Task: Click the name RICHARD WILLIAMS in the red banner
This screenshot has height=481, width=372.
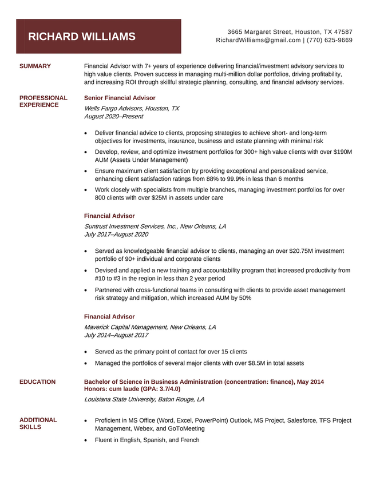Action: click(x=82, y=37)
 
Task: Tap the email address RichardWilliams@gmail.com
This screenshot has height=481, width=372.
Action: click(x=258, y=40)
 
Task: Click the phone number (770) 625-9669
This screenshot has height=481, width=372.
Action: click(x=330, y=40)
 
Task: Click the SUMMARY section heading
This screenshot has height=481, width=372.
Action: click(x=35, y=66)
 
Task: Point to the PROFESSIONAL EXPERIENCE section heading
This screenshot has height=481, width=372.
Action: click(x=43, y=101)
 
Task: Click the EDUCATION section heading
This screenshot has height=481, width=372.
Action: click(x=37, y=382)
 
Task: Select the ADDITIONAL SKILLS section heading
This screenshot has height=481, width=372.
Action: click(x=38, y=423)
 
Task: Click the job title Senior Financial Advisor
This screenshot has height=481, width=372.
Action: click(x=119, y=98)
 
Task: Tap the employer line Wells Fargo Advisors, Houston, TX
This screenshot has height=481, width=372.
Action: click(x=131, y=108)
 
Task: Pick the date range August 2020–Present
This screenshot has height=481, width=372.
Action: click(x=114, y=116)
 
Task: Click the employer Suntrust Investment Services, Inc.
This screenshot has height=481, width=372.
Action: click(x=130, y=226)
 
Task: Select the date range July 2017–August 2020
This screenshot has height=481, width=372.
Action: click(x=116, y=234)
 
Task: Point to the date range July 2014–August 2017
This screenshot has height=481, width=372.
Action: click(x=116, y=335)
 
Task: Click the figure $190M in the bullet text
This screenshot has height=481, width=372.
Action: click(x=342, y=152)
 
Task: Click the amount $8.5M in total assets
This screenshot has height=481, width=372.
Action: click(x=256, y=363)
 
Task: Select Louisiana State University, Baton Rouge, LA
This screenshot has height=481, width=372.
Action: click(x=144, y=399)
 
